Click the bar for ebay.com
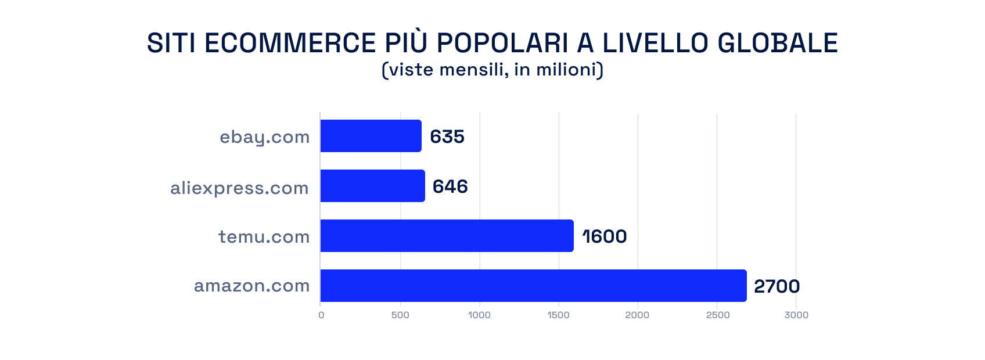click(371, 136)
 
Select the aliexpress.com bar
click(372, 186)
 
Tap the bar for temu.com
click(447, 236)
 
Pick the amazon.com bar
click(533, 286)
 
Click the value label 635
click(447, 136)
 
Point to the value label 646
click(450, 186)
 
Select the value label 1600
click(605, 236)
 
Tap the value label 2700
click(777, 286)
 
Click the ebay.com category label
click(265, 137)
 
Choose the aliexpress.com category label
click(239, 188)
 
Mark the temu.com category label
click(264, 237)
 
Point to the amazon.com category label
click(252, 286)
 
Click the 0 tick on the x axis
click(321, 315)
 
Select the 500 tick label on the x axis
click(400, 315)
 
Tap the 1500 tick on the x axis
click(559, 315)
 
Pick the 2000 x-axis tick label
click(637, 315)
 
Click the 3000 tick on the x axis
click(796, 315)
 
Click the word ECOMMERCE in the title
click(290, 44)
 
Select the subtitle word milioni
click(569, 70)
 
